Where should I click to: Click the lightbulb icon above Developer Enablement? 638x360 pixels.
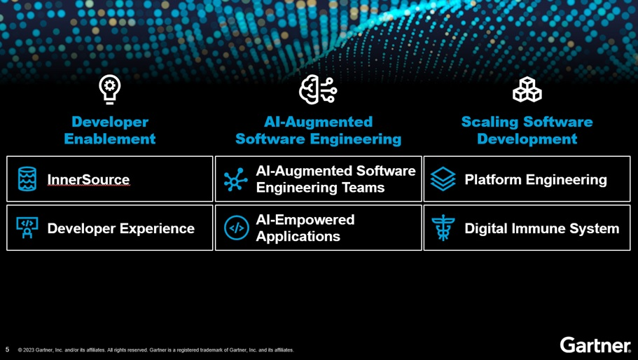point(110,90)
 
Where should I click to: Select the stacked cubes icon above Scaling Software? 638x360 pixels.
point(527,90)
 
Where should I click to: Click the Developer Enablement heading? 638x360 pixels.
point(110,130)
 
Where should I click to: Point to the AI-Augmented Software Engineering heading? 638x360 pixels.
point(318,130)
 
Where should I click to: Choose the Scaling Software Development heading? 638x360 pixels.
point(527,130)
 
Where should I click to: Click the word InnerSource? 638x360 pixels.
point(88,180)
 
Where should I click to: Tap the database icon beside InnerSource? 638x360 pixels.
point(27,179)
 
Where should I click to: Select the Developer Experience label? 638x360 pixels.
point(120,228)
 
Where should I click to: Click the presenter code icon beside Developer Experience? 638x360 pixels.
point(27,228)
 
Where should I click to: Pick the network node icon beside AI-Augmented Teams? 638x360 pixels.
point(235,180)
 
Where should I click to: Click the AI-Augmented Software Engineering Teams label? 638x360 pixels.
point(335,179)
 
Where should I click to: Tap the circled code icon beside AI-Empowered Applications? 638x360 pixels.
point(237,228)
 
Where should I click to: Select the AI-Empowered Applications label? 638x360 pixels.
point(305,228)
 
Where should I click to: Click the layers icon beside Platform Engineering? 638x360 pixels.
point(443,179)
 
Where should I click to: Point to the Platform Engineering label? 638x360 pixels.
point(536,180)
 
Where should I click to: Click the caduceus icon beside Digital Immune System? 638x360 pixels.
point(443,228)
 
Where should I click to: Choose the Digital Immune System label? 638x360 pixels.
point(541,228)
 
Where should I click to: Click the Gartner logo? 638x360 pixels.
point(595,345)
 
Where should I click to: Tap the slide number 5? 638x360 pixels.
point(8,349)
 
